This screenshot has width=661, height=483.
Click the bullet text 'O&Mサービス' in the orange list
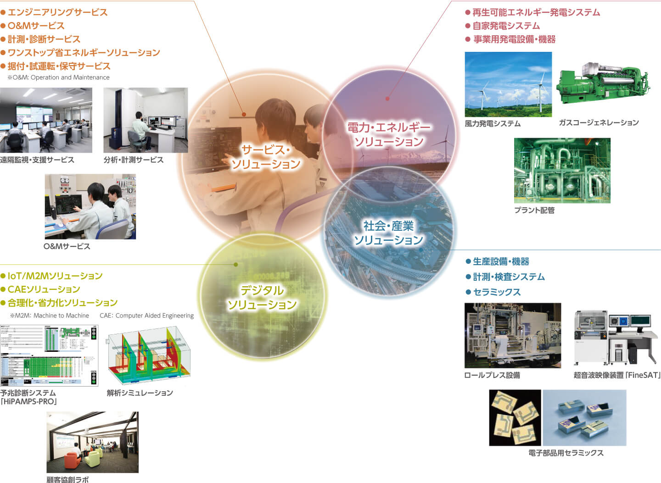point(36,26)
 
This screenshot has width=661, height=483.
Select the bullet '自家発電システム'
point(506,26)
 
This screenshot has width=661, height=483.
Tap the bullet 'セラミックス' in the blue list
point(497,292)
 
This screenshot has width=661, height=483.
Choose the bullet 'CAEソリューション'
point(44,289)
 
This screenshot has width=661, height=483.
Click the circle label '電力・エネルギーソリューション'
point(389,134)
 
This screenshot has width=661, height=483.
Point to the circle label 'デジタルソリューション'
point(262,297)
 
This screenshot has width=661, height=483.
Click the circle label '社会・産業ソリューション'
point(389,233)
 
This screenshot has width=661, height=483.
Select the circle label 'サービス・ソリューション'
point(266,157)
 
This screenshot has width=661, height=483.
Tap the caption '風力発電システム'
point(493,123)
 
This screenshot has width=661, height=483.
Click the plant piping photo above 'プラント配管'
point(562,171)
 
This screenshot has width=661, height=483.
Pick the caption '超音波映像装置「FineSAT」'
point(617,375)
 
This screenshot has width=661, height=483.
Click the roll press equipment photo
point(513,335)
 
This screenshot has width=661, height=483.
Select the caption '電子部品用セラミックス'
point(566,453)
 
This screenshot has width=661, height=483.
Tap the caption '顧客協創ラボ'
point(67,479)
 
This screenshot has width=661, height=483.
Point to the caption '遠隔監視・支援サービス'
point(37,160)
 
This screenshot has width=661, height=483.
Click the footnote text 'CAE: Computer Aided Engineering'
point(147,316)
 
